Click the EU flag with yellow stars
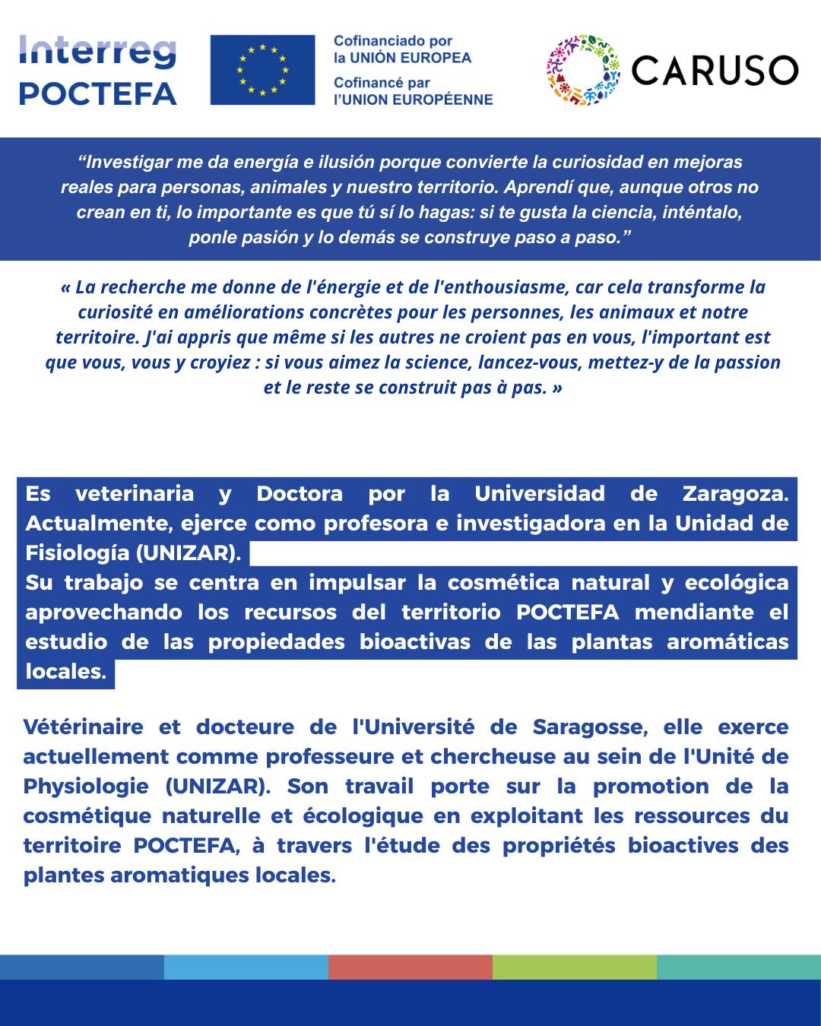point(262,70)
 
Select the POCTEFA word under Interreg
point(97,93)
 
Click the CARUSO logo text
point(715,71)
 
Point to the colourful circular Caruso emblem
point(583,70)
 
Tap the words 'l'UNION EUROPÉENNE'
point(414,100)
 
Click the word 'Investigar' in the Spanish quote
point(125,162)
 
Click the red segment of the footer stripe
point(410,967)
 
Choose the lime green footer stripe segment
point(575,967)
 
